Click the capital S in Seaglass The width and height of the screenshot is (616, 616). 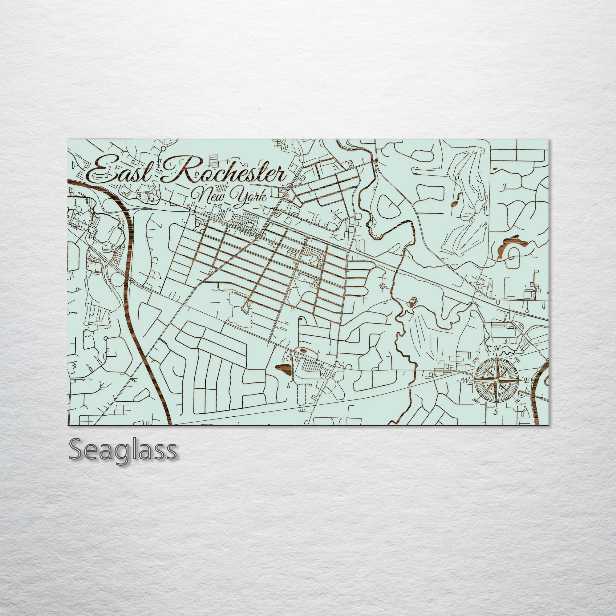[x=76, y=450]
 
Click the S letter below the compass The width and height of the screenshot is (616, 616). [x=496, y=412]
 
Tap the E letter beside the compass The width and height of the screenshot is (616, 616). [x=527, y=380]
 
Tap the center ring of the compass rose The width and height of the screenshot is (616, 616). [x=496, y=380]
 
